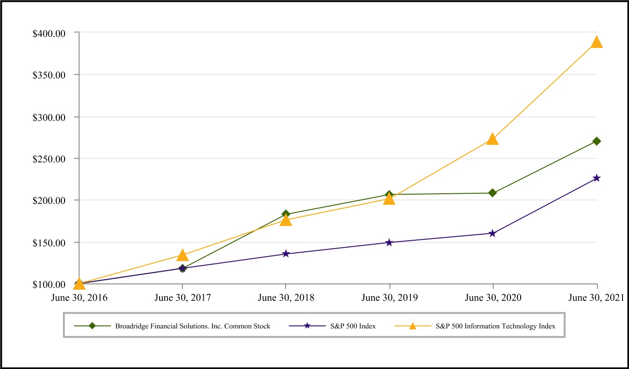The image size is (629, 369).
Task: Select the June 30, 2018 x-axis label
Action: [x=286, y=298]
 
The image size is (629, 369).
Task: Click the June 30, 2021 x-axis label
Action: [x=597, y=298]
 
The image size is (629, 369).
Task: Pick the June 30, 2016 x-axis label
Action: [x=79, y=298]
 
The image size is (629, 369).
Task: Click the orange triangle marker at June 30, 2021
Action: [x=597, y=42]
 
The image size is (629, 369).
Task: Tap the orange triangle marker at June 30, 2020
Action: [x=493, y=139]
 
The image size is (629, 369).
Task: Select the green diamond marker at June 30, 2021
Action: [x=597, y=141]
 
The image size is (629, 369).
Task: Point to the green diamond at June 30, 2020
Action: [x=493, y=193]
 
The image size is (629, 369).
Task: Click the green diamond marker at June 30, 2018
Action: [x=286, y=214]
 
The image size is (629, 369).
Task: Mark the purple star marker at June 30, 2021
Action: [x=597, y=178]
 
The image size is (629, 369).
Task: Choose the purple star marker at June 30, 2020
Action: [x=493, y=233]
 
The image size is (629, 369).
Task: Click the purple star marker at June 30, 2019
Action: [x=389, y=243]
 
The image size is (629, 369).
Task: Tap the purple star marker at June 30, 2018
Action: [x=286, y=254]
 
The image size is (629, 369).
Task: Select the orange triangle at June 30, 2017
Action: [x=183, y=256]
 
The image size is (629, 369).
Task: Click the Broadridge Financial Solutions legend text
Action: [x=193, y=326]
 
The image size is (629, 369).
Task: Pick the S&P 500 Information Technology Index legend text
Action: [x=495, y=326]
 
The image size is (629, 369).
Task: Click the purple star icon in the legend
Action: [x=306, y=326]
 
